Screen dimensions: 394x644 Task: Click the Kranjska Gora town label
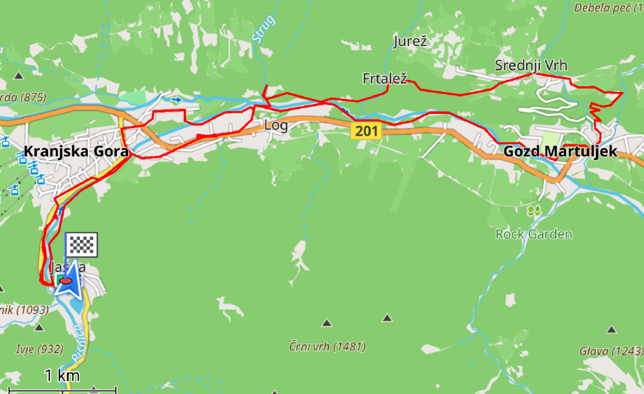[x=76, y=151]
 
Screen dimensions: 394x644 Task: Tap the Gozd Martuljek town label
[x=560, y=151]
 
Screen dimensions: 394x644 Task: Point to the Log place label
[x=275, y=125]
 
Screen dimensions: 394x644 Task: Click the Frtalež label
[x=384, y=79]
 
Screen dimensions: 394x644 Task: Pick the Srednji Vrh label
[x=531, y=66]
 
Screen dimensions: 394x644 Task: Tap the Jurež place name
[x=410, y=42]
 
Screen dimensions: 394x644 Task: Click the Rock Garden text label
[x=534, y=234]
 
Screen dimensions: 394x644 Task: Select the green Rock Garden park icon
[x=534, y=211]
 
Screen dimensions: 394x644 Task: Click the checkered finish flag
[x=81, y=245]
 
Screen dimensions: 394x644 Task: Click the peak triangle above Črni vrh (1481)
[x=326, y=323]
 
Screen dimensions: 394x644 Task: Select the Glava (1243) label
[x=611, y=352]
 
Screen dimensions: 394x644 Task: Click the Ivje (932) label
[x=39, y=349]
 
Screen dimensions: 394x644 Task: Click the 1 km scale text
[x=62, y=375]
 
